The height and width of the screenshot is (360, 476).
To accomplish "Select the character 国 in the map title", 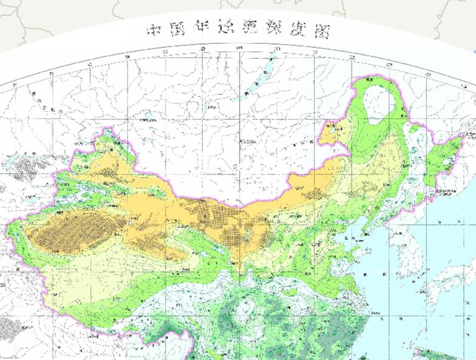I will [177, 30].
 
